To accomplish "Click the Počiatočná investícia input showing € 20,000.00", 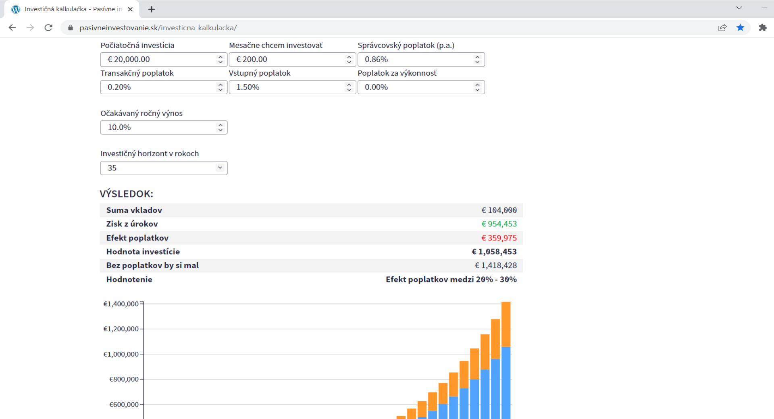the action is (x=164, y=60).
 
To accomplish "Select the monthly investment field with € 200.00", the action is (x=292, y=60).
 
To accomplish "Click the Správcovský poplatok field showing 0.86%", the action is (x=421, y=60).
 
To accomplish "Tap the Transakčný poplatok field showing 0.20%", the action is (x=164, y=87).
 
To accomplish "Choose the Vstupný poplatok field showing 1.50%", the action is (x=292, y=87).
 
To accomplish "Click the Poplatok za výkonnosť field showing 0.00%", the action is (x=421, y=87).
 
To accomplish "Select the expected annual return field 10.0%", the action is (x=164, y=127).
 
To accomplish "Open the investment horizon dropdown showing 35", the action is (x=164, y=168).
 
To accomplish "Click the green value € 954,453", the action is (x=499, y=224).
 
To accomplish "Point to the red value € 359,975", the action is (x=499, y=238).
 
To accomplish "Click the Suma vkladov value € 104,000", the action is (x=499, y=210).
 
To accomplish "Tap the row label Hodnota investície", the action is (x=143, y=252).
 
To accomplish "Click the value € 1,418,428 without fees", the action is (x=496, y=266).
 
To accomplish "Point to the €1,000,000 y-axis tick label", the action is (x=121, y=354).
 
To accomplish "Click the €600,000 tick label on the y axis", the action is (x=124, y=404).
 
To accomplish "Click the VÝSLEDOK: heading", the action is (x=127, y=194).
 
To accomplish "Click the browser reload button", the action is (x=48, y=28).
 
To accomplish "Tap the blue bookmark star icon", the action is (x=741, y=27).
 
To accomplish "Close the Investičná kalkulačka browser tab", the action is (x=130, y=9).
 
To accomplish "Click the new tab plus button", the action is (x=152, y=9).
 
